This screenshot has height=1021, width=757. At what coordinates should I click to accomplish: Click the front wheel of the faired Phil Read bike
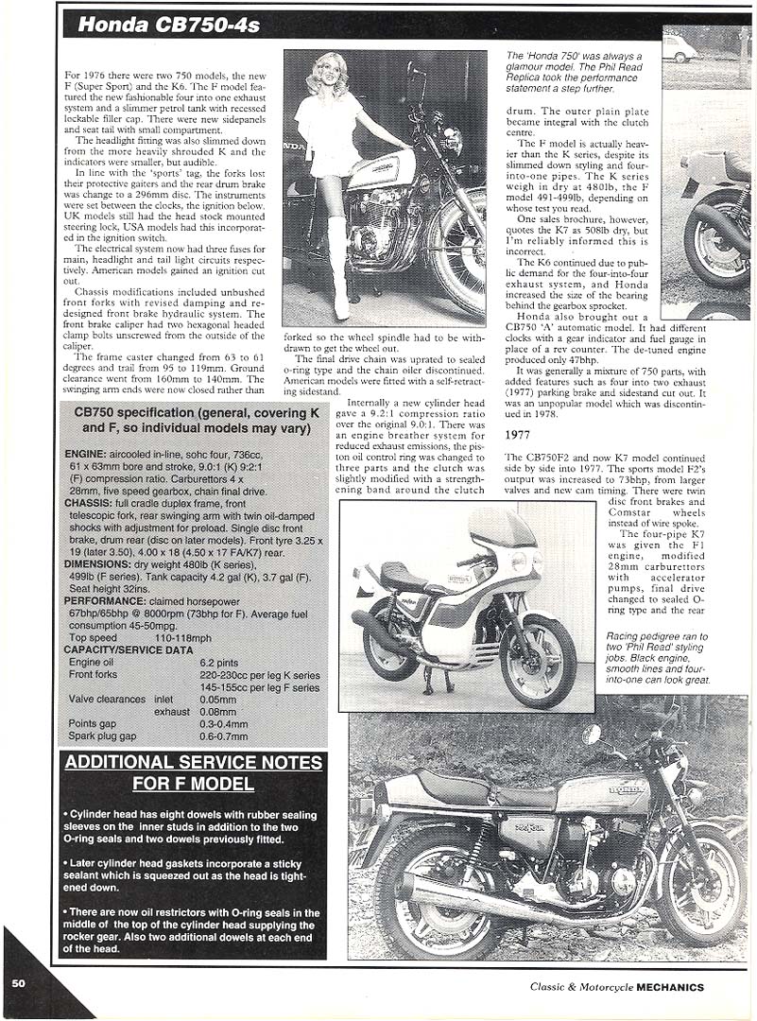point(538,662)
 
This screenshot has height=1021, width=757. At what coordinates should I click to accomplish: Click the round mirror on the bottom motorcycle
point(592,734)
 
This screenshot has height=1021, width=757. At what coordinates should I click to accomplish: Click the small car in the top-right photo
point(678,49)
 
